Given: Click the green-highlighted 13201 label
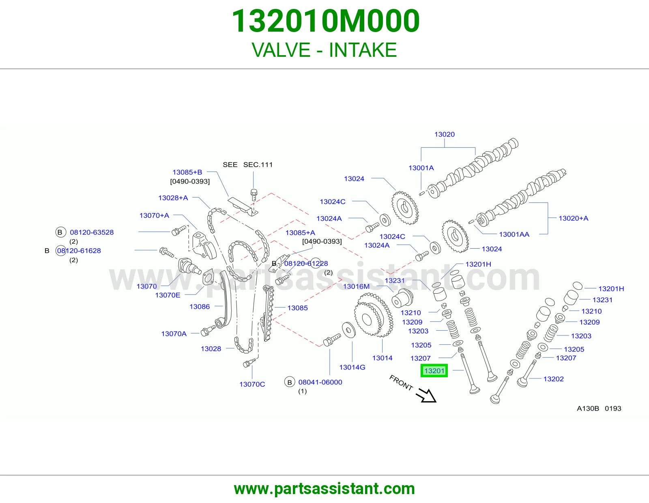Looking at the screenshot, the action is coord(434,371).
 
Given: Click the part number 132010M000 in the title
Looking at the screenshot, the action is coord(326,21).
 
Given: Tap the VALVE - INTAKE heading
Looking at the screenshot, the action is coord(324,50).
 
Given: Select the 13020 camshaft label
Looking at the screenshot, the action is coord(445,134).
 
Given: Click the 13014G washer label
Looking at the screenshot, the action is coord(352,367).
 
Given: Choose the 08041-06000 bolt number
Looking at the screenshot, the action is coord(320,382).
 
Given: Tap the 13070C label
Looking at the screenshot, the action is coord(252,384).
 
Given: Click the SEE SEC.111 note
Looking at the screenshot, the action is coord(247,165).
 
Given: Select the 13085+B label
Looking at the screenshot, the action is coord(187,172).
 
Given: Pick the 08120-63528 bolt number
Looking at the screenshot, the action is coord(92,232).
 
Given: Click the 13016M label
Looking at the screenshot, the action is coord(356,286).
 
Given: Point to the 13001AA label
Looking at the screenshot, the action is coord(514,234).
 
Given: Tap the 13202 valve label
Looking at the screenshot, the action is coord(553,379).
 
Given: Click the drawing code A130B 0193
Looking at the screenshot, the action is coord(599,408).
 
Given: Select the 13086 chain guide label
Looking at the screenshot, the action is coord(200,306).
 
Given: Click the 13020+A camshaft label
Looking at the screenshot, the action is coord(574,218).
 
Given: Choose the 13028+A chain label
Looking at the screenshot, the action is coord(173,198).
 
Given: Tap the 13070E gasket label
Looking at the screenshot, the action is coord(168,295).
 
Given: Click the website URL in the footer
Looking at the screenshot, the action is coord(324,489).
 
